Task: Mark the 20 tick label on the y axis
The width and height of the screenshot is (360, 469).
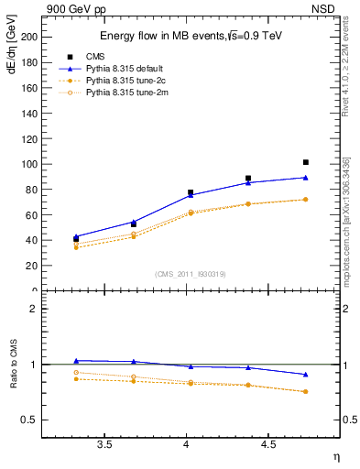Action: (x=32, y=266)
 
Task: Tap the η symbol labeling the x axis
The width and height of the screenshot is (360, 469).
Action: (x=335, y=457)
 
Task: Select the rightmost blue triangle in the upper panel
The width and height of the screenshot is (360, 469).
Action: (x=306, y=178)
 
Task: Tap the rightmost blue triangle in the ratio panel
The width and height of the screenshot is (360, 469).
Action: (x=306, y=375)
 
